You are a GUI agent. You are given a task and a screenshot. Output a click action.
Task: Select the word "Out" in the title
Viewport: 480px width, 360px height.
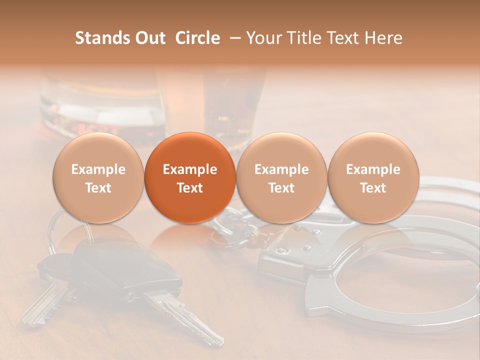(149, 38)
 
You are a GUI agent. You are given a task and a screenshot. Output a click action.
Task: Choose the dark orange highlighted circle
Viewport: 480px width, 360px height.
(190, 177)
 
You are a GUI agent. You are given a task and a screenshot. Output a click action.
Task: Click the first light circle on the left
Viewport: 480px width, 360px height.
(98, 177)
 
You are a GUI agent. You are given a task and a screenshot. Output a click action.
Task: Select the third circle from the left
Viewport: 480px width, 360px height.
(281, 177)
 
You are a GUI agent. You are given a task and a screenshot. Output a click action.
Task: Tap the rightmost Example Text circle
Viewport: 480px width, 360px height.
(373, 177)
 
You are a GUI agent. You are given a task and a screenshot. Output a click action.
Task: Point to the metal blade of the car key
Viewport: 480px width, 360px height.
(190, 315)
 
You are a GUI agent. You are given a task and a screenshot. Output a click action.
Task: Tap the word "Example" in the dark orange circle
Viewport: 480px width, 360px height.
(190, 169)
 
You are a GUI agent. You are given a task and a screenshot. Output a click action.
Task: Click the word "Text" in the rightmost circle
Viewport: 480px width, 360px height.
(373, 187)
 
